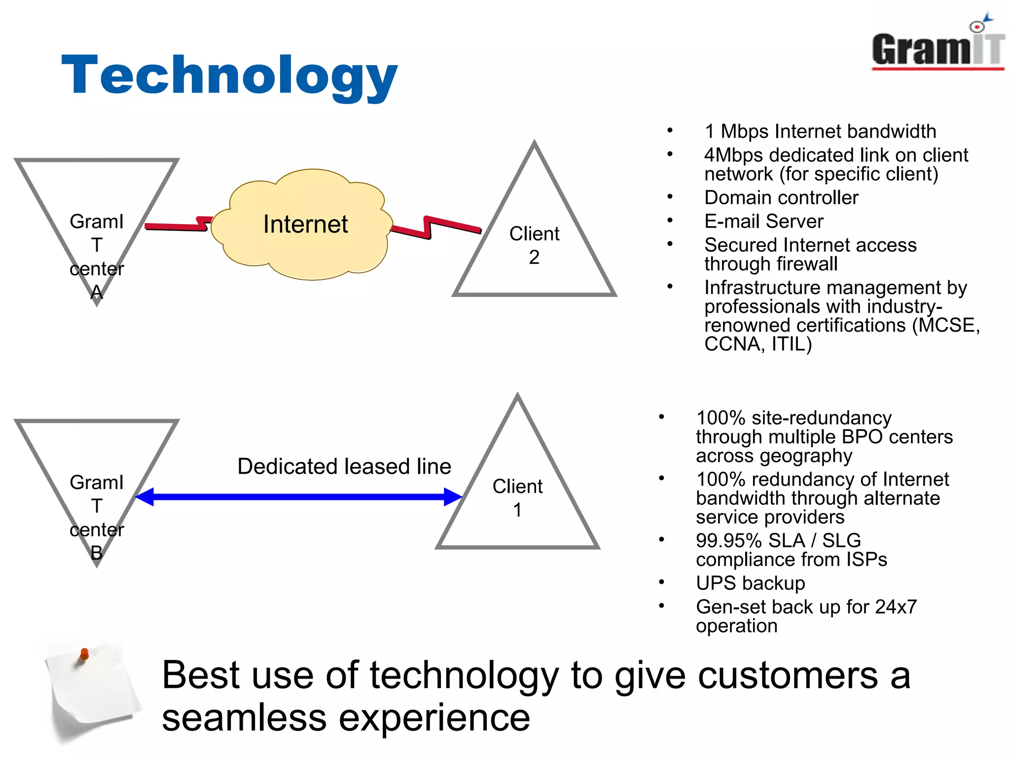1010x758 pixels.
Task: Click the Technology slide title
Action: [229, 75]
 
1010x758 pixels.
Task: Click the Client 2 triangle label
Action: [534, 245]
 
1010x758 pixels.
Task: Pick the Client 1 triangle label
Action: [517, 497]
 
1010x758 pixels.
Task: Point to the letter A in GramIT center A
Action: [97, 293]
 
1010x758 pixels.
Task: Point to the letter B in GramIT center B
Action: [97, 552]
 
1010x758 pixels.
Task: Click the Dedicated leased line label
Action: [344, 466]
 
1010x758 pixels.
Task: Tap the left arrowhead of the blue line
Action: [144, 496]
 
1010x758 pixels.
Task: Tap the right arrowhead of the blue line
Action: [453, 496]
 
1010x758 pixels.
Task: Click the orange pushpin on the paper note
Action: [84, 654]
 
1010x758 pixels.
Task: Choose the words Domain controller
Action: [781, 198]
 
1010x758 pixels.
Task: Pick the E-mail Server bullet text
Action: [763, 222]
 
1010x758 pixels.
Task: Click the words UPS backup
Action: [750, 583]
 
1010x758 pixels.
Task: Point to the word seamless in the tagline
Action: [244, 718]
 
